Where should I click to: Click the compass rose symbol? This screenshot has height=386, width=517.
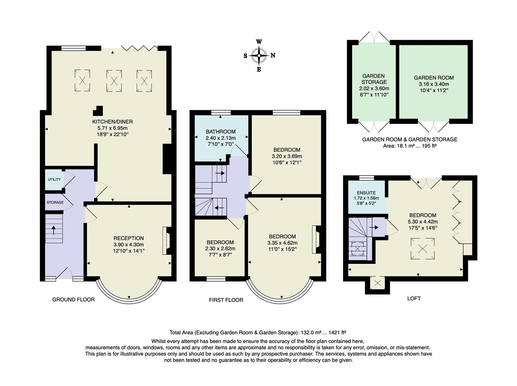259,55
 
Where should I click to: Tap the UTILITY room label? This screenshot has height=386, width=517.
54,179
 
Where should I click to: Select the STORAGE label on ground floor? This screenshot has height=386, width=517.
55,202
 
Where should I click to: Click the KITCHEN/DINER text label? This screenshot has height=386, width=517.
112,122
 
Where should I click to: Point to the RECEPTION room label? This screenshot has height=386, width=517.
129,238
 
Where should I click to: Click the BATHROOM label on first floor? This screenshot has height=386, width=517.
221,132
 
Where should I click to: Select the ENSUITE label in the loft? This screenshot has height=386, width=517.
366,193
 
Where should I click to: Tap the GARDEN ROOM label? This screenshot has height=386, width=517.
434,78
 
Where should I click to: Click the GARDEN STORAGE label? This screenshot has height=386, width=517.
374,79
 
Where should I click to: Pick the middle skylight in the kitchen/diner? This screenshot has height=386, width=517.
114,81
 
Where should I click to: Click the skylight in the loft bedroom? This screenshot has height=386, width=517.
423,248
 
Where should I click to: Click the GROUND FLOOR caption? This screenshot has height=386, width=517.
74,300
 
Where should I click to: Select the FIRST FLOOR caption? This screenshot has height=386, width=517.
226,300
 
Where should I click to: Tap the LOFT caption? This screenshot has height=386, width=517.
414,298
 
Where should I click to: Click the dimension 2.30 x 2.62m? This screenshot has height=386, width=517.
220,248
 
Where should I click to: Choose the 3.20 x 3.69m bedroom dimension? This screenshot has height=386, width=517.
287,156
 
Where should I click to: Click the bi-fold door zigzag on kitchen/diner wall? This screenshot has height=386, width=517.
139,48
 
